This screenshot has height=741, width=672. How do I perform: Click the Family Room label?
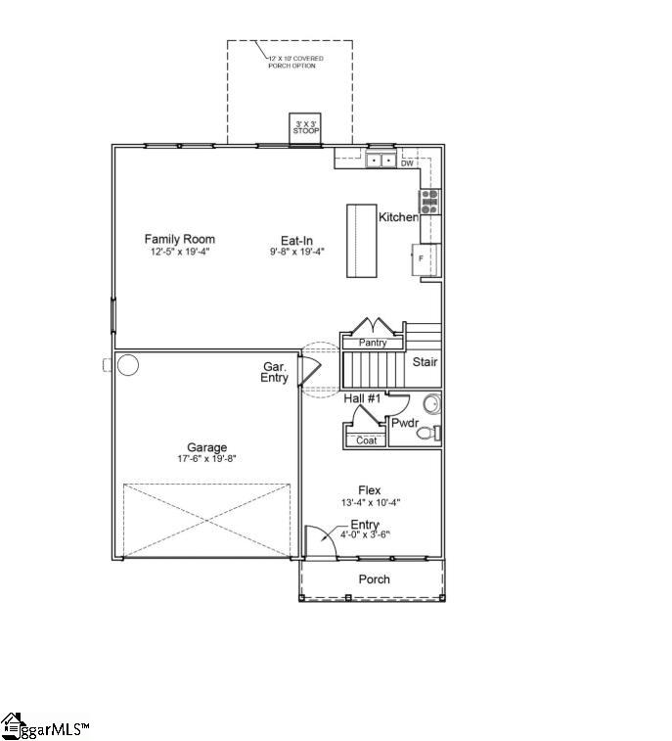[179, 239]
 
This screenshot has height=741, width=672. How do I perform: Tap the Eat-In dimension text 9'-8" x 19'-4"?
[296, 252]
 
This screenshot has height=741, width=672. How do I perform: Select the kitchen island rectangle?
[362, 241]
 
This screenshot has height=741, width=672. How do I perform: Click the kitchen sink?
[381, 161]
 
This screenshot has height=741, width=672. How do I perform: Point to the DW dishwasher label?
[407, 163]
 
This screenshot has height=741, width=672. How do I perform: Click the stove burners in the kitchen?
[429, 202]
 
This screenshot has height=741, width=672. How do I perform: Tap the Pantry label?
[372, 344]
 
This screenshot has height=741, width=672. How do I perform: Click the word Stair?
[425, 362]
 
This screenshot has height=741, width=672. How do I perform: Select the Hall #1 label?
[362, 398]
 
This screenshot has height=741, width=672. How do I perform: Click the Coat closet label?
[366, 440]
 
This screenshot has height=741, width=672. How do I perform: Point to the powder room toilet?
[428, 433]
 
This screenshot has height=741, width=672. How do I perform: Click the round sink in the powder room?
[431, 403]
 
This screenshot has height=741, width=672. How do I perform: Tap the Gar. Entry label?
[275, 372]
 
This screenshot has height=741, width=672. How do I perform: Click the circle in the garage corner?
[128, 365]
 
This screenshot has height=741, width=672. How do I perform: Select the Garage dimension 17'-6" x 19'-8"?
[206, 460]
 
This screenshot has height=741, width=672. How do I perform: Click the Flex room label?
[369, 490]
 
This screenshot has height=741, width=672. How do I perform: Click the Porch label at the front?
[374, 579]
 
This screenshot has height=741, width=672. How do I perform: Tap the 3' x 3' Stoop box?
[306, 128]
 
